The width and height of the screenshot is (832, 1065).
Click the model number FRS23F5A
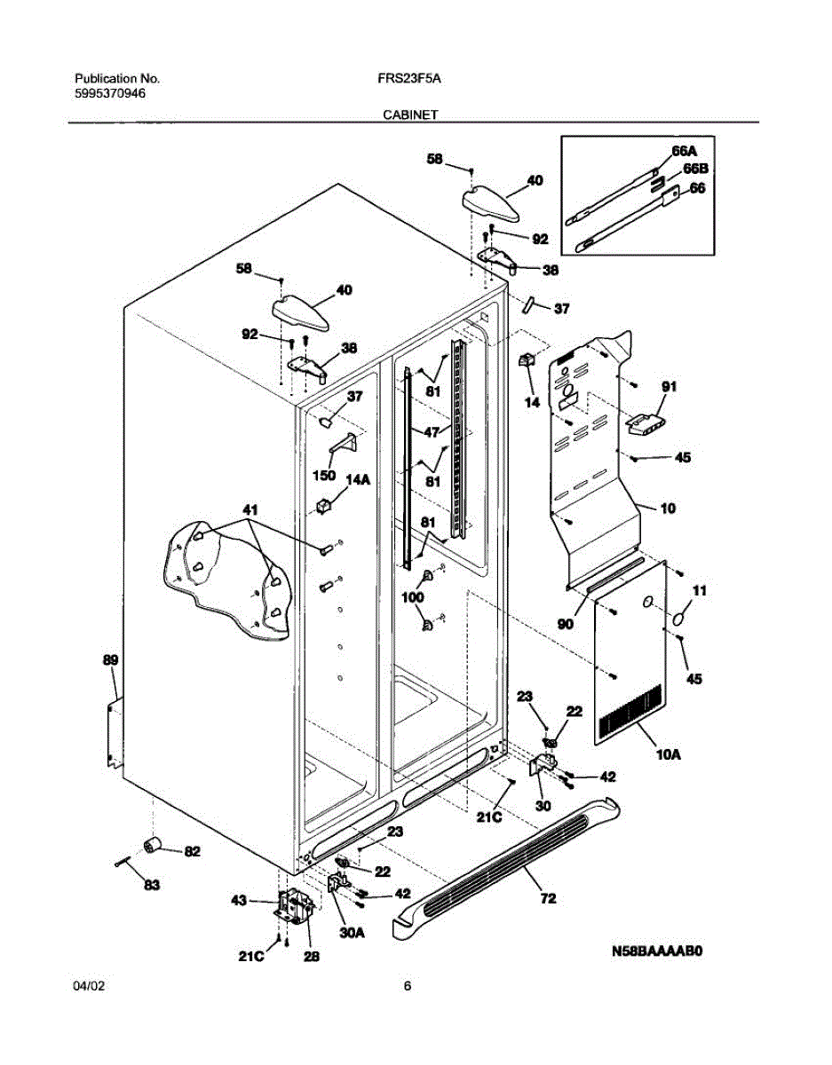[408, 79]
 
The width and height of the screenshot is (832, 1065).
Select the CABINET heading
[410, 114]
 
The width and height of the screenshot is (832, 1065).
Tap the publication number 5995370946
[110, 93]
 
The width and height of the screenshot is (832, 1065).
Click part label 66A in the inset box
[684, 151]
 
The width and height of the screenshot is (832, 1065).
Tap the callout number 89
[110, 660]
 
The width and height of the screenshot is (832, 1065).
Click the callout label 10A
[669, 754]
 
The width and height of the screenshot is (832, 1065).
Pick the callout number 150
[324, 475]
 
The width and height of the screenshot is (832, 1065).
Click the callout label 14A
[358, 480]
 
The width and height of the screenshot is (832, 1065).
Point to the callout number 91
[669, 387]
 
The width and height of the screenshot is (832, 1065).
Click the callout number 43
[239, 900]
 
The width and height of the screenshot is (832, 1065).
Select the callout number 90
[565, 624]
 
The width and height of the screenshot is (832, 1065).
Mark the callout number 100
[412, 597]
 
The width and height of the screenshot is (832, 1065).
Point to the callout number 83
[152, 885]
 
